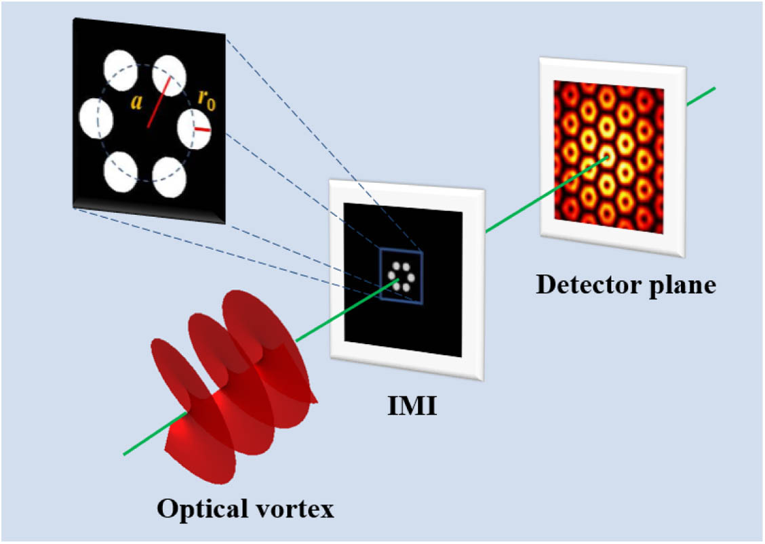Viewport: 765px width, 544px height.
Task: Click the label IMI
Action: pos(412,406)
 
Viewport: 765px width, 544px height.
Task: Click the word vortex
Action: pos(296,510)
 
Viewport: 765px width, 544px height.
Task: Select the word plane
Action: pos(682,286)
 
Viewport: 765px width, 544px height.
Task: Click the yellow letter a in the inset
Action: pos(136,102)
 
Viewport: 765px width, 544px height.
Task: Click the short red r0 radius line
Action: pos(202,129)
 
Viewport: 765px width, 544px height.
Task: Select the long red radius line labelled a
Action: pos(159,102)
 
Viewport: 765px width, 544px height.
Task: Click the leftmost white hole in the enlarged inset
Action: pos(96,119)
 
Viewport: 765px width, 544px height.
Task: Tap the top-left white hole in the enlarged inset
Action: pos(121,70)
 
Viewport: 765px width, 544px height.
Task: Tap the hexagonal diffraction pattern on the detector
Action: pos(608,157)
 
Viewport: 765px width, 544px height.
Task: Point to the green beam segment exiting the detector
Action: pos(701,96)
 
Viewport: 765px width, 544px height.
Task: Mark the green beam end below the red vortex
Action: pos(124,455)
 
